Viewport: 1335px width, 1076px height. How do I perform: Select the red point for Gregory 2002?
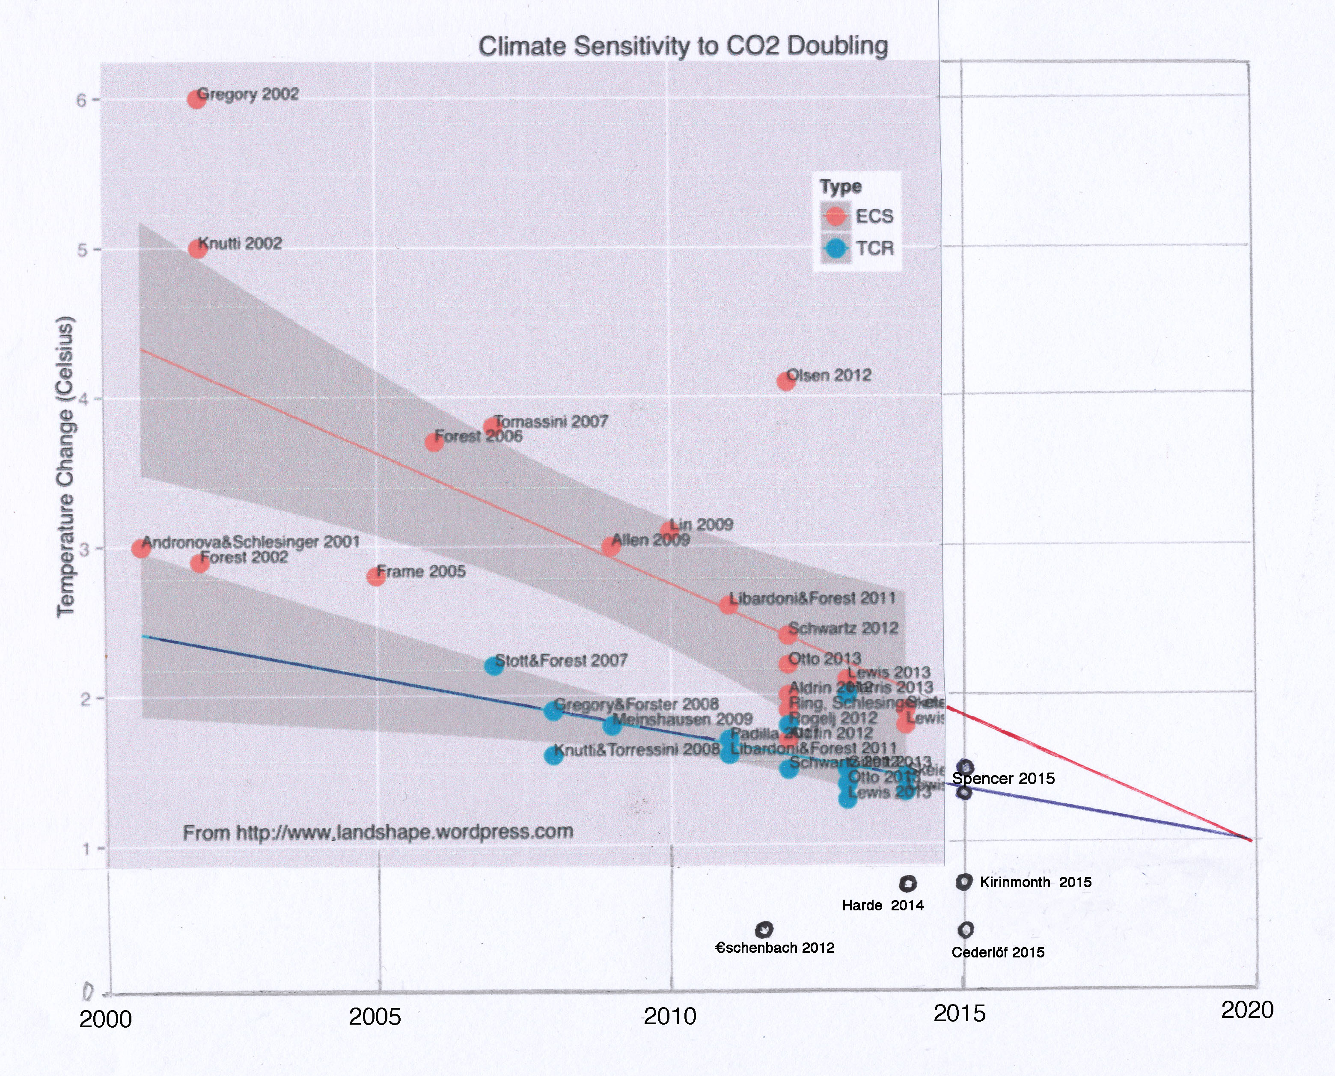pyautogui.click(x=196, y=98)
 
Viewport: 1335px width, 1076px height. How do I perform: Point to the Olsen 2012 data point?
pyautogui.click(x=786, y=380)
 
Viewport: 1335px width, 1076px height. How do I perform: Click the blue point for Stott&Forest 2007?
pyautogui.click(x=494, y=666)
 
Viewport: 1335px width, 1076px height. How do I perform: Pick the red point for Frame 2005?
pyautogui.click(x=375, y=576)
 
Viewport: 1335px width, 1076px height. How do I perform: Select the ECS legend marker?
pyautogui.click(x=836, y=216)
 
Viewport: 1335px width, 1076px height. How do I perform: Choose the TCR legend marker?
pyautogui.click(x=836, y=249)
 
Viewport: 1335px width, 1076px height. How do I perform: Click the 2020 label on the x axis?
pyautogui.click(x=1247, y=1010)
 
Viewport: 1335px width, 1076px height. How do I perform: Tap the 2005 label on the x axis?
pyautogui.click(x=375, y=1017)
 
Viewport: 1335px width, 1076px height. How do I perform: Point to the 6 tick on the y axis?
pyautogui.click(x=81, y=100)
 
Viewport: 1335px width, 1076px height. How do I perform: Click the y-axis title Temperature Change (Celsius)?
pyautogui.click(x=65, y=466)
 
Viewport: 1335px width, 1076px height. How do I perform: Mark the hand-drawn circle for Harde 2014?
pyautogui.click(x=907, y=884)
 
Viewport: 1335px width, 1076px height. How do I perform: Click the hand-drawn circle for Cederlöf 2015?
pyautogui.click(x=966, y=930)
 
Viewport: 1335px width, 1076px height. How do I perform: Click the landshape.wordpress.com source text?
pyautogui.click(x=378, y=832)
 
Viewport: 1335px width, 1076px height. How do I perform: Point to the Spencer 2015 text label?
pyautogui.click(x=1003, y=779)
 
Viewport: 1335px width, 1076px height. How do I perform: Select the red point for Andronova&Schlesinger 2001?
pyautogui.click(x=141, y=548)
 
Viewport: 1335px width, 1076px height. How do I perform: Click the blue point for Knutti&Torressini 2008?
pyautogui.click(x=553, y=755)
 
